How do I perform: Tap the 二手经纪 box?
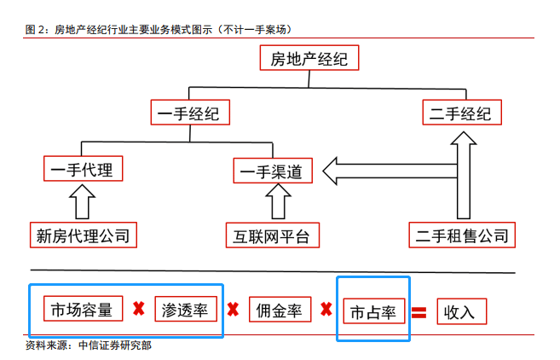tap(461, 113)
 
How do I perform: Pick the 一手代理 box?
tap(84, 169)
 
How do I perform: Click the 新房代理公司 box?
tap(83, 234)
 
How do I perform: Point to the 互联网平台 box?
tap(273, 235)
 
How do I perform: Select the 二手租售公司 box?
tap(461, 234)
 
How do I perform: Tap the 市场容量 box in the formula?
tap(82, 310)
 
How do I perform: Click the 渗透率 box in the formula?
tap(185, 310)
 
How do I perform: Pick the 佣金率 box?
tap(279, 311)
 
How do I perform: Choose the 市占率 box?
tap(373, 311)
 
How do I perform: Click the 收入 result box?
tap(461, 311)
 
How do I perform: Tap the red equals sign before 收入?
tap(419, 311)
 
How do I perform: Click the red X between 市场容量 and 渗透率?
tap(136, 309)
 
